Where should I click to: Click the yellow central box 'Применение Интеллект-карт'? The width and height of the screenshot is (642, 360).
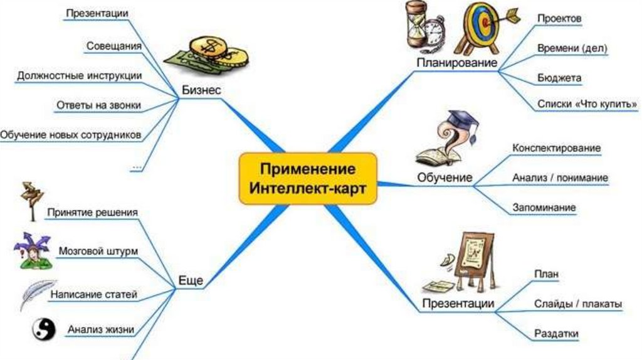pyautogui.click(x=308, y=179)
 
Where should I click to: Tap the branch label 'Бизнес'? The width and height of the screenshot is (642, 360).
pyautogui.click(x=201, y=90)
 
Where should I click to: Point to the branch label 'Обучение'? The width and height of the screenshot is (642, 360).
pyautogui.click(x=445, y=177)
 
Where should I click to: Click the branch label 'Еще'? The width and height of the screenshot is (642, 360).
pyautogui.click(x=191, y=281)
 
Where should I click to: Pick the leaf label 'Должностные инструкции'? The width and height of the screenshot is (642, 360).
pyautogui.click(x=79, y=75)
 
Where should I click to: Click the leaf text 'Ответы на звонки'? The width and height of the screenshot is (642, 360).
pyautogui.click(x=98, y=104)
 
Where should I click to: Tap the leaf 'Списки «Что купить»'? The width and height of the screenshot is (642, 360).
pyautogui.click(x=587, y=103)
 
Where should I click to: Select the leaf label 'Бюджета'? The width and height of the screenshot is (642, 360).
pyautogui.click(x=559, y=78)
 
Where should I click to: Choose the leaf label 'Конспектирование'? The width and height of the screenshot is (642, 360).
pyautogui.click(x=556, y=148)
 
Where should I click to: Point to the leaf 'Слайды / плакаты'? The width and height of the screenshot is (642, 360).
pyautogui.click(x=578, y=304)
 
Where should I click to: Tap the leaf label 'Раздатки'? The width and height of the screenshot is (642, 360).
pyautogui.click(x=556, y=334)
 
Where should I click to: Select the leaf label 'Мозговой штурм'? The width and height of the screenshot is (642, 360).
pyautogui.click(x=98, y=251)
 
